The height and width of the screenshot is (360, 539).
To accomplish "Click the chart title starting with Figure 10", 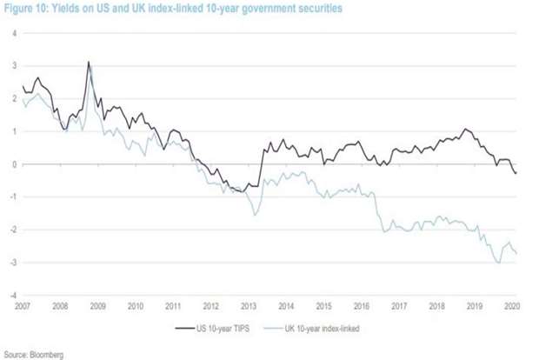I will [x=171, y=8].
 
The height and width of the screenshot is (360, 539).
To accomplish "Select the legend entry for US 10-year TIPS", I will [x=216, y=328].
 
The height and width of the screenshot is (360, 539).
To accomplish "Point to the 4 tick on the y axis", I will [x=13, y=33].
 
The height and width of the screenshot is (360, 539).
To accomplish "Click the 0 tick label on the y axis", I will [x=13, y=164].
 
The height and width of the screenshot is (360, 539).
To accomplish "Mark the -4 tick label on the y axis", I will [x=12, y=296].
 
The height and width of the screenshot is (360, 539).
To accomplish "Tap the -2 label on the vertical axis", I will [x=12, y=230].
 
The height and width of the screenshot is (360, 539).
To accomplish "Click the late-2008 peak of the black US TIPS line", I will [x=89, y=63].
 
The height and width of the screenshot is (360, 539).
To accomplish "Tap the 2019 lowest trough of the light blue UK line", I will [x=498, y=263].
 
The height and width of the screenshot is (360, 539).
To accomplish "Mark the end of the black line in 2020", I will [x=516, y=173].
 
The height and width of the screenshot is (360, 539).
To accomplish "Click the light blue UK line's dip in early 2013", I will [x=255, y=214].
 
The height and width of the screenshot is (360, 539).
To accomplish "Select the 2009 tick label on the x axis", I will [x=98, y=306].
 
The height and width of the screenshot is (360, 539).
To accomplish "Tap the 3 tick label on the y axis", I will [x=13, y=66].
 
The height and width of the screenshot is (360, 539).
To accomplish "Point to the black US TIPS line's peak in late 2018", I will [x=466, y=130].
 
